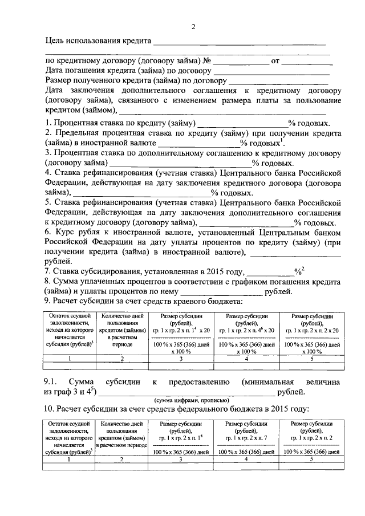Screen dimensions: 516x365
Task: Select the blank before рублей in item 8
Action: (x=226, y=292)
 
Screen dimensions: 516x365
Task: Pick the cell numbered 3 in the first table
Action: (x=181, y=359)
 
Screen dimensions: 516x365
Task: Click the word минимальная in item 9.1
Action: (x=267, y=381)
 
